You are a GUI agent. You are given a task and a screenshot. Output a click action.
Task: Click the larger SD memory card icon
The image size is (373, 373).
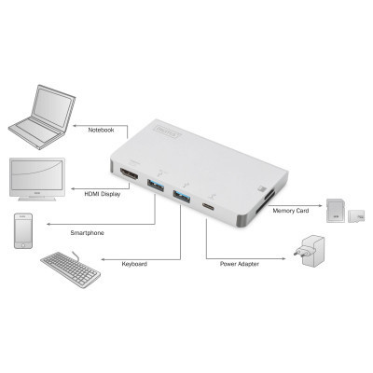pyautogui.click(x=335, y=206)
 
